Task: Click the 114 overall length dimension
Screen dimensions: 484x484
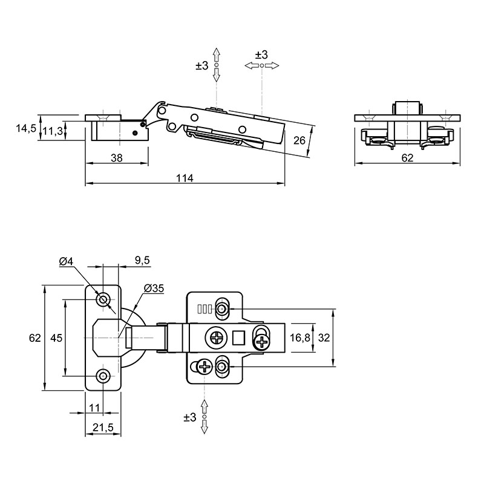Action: point(185,178)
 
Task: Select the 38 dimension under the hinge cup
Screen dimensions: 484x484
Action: point(117,158)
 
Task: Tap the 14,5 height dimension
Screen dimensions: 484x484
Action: point(26,128)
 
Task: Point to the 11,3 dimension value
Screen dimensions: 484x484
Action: point(53,131)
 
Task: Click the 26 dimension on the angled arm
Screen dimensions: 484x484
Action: point(299,140)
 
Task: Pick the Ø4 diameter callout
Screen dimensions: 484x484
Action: point(66,261)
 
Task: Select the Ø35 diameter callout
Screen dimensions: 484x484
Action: point(154,289)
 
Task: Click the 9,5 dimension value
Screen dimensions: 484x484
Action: point(142,261)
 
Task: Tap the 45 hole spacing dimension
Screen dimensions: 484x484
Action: point(56,338)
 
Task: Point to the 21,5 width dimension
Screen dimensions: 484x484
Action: point(103,428)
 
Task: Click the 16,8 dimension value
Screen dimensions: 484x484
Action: point(299,338)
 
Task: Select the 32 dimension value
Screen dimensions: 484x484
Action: point(324,338)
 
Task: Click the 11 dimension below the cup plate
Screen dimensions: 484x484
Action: point(94,408)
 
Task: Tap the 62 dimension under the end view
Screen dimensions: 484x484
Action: point(407,158)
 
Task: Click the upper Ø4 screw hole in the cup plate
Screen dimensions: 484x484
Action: point(103,299)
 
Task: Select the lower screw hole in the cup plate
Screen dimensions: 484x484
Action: point(103,376)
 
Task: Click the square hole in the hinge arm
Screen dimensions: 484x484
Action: point(238,338)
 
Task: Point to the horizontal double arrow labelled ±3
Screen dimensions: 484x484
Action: point(262,65)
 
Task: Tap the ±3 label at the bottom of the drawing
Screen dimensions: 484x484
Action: point(190,417)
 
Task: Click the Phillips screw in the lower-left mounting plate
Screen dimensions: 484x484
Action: point(204,367)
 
